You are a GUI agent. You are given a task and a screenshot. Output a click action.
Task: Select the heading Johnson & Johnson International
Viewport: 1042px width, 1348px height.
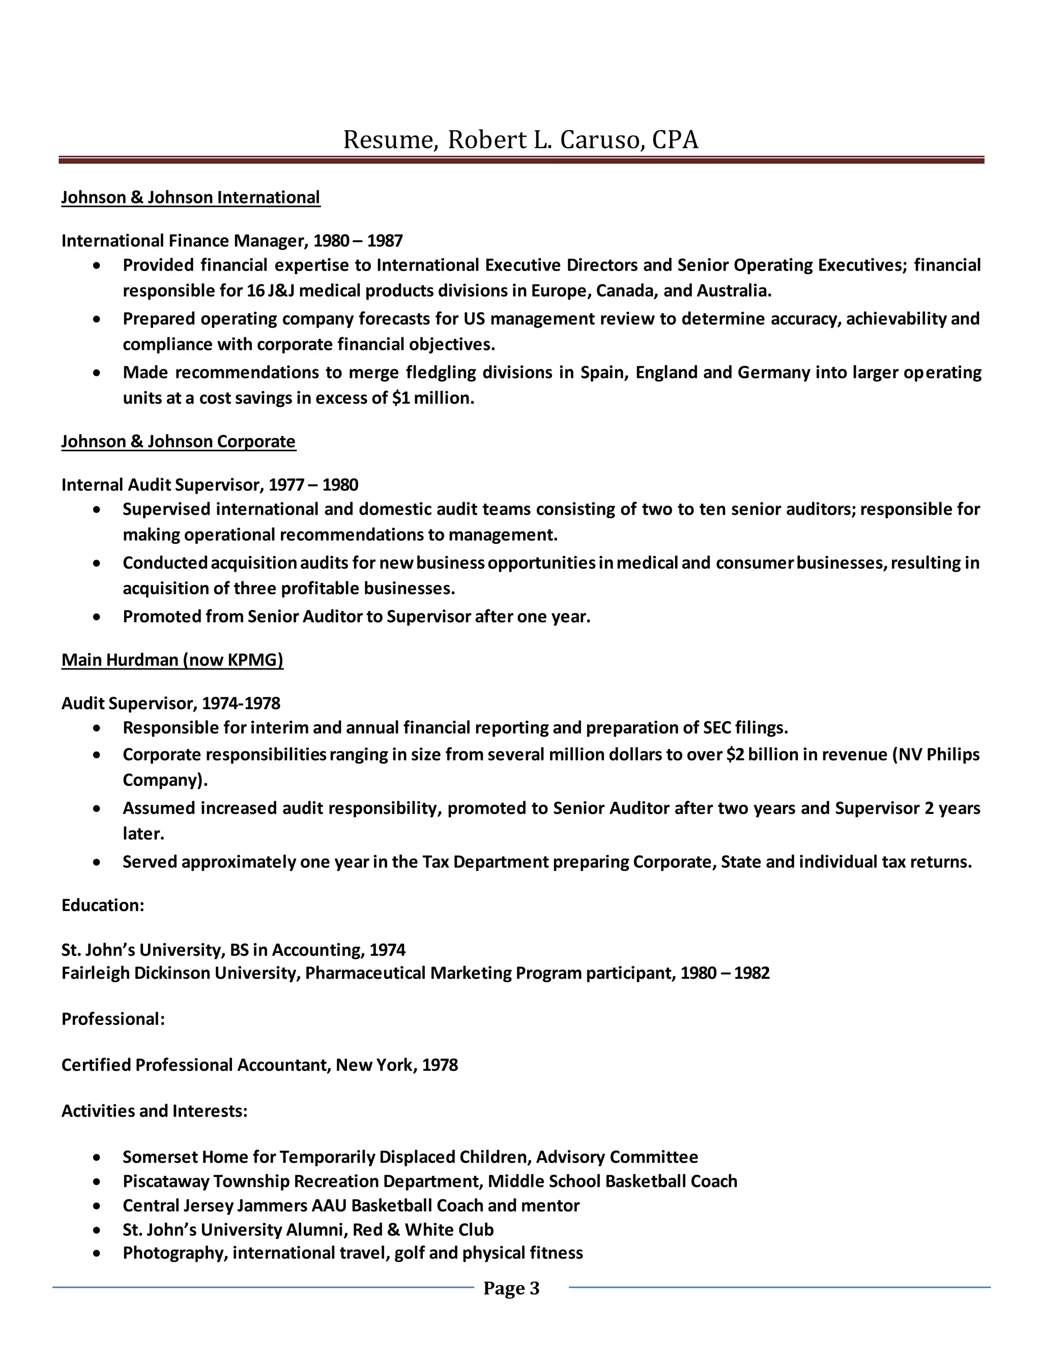coord(191,197)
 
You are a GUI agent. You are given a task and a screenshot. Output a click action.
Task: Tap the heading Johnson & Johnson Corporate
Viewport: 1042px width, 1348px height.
coord(179,442)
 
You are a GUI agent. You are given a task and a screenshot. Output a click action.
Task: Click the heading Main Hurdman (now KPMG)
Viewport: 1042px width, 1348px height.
coord(172,660)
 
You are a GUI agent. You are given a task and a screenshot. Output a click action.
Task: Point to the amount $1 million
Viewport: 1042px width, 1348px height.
coord(433,398)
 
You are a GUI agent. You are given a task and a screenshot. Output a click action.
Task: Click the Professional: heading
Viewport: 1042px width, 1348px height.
coord(113,1019)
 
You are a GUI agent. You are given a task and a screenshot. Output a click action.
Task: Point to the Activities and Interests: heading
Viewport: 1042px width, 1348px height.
coord(154,1111)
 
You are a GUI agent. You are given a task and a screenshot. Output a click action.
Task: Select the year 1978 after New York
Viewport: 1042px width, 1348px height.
coord(440,1065)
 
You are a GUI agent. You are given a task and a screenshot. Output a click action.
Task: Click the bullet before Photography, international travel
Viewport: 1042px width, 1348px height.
coord(97,1253)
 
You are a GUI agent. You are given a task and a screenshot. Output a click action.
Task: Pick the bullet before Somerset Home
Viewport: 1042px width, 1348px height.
coord(97,1157)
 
